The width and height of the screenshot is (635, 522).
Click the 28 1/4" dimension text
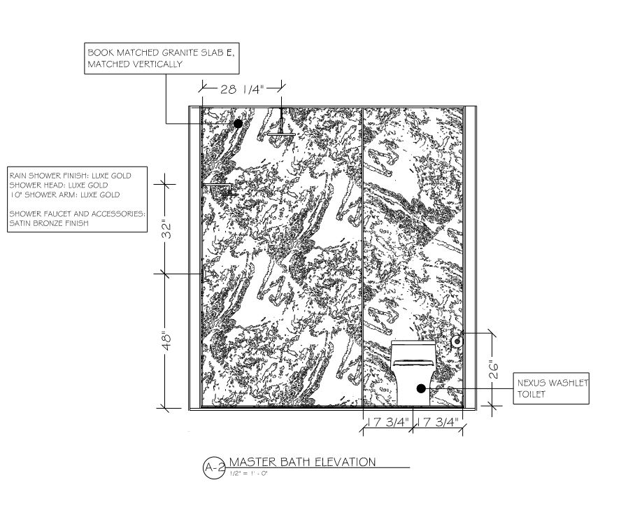tap(241, 90)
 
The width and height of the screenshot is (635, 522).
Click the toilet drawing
tap(413, 372)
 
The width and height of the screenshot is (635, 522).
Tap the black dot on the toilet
tap(421, 388)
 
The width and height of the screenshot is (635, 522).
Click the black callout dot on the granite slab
tap(238, 123)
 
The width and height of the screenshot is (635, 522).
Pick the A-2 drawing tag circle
tap(213, 467)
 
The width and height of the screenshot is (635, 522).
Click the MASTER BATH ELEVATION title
tap(302, 462)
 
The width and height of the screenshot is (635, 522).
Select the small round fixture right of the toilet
tap(457, 341)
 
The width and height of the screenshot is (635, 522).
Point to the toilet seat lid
tap(413, 362)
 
